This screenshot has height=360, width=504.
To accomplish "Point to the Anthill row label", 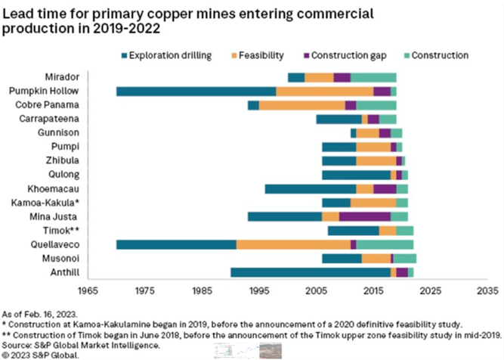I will point(66,272).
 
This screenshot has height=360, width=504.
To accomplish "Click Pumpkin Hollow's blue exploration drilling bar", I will point(196,92).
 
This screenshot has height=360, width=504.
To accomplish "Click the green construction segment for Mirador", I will point(373,77).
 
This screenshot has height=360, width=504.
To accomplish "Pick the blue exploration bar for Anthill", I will point(311,272).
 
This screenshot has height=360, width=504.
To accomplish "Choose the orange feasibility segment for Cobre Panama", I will point(302,105).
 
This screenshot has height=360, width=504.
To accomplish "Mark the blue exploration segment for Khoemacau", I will point(311,188).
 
